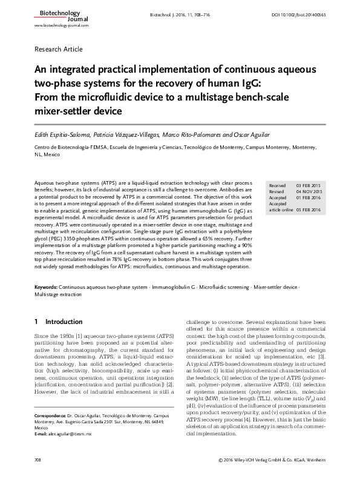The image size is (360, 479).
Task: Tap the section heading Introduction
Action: click(64, 322)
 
